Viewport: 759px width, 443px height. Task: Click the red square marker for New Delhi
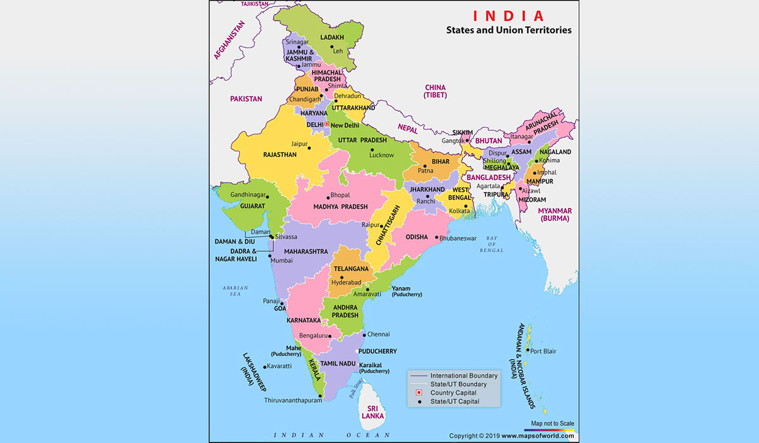point(326,125)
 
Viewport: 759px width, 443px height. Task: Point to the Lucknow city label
point(381,155)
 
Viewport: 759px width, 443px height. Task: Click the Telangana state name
point(351,268)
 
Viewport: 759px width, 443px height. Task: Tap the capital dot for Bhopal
point(327,196)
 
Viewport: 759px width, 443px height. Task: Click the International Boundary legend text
point(464,375)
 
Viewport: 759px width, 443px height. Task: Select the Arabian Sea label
point(231,290)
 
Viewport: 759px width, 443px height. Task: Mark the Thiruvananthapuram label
point(293,400)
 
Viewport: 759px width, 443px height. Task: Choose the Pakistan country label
point(246,99)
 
